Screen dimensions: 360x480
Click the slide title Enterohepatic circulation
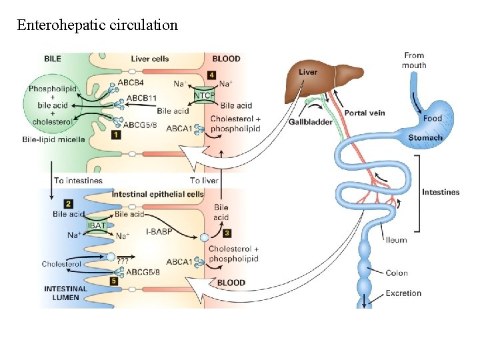coord(97,25)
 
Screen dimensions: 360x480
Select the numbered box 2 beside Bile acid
coord(69,203)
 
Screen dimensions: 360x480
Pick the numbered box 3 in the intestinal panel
coord(227,233)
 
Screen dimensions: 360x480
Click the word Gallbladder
coord(311,122)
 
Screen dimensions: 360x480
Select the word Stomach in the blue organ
coord(425,138)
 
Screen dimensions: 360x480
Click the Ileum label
coord(396,240)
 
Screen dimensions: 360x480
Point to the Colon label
coord(397,273)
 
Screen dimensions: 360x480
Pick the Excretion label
coord(403,293)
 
